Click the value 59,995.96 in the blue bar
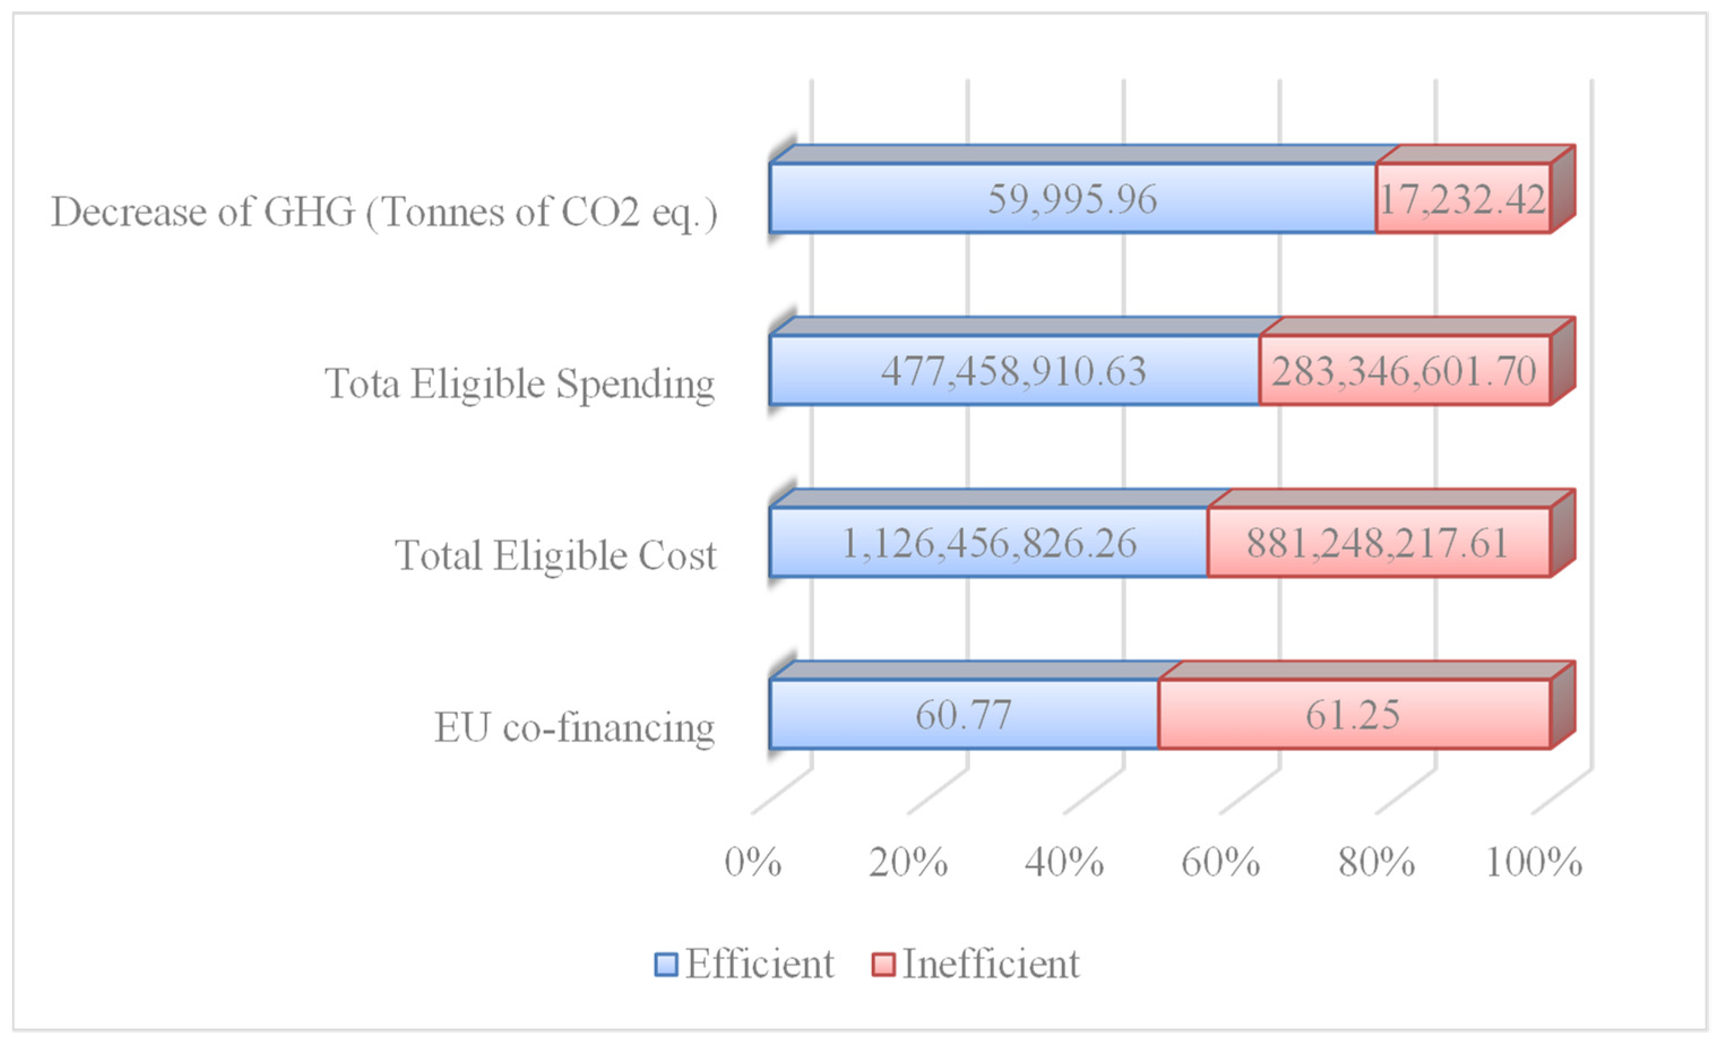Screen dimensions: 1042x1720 (1072, 200)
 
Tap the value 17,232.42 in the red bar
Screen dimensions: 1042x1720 (1462, 200)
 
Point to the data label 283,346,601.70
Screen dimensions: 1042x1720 (1404, 371)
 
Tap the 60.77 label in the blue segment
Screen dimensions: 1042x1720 (963, 715)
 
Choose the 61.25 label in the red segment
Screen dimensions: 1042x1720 (1353, 715)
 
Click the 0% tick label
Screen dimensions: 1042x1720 (753, 863)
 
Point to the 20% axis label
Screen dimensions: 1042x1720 (908, 863)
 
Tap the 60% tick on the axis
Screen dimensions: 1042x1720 (1220, 863)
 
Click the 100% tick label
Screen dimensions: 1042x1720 (1533, 863)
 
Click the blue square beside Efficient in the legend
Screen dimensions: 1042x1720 (666, 965)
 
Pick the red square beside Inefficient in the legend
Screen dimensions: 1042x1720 (883, 965)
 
